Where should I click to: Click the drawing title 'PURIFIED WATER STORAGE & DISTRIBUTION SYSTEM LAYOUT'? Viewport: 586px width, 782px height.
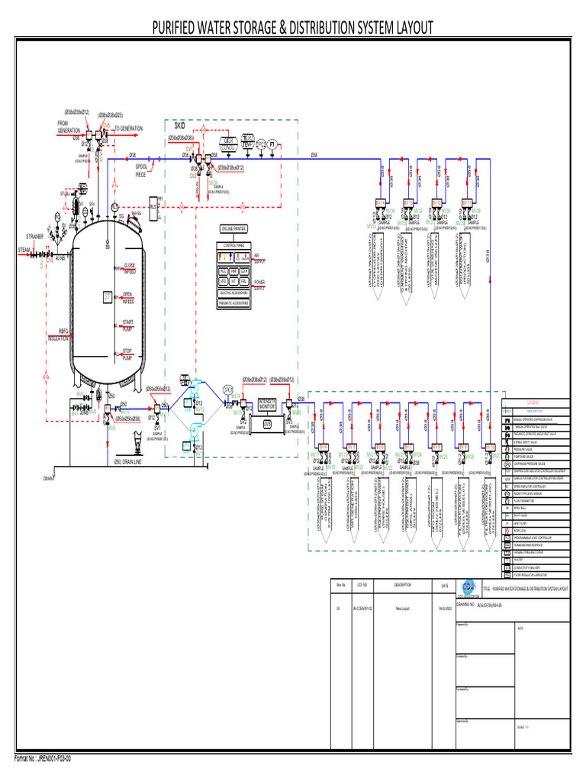(x=293, y=28)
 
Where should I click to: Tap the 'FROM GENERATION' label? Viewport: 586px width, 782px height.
(x=69, y=127)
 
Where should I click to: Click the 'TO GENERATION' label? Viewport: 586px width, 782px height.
(x=128, y=128)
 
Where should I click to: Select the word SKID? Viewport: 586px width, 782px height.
(x=180, y=125)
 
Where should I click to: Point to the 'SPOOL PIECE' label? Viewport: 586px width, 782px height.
(x=141, y=170)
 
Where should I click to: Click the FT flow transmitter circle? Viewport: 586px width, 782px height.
(x=272, y=144)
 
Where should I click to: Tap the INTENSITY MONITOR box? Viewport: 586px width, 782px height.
(x=267, y=403)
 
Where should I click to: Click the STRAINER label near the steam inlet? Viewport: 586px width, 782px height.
(x=35, y=237)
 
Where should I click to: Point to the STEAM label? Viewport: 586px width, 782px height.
(x=24, y=250)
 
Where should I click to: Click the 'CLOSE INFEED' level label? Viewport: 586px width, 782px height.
(x=128, y=269)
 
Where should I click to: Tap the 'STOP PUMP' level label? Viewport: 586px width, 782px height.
(x=128, y=354)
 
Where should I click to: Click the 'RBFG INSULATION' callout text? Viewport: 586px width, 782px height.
(x=59, y=334)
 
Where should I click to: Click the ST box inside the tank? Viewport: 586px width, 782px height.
(x=108, y=296)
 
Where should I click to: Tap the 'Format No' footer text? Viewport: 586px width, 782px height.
(x=43, y=758)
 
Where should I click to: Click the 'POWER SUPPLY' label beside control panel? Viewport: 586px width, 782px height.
(x=259, y=284)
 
